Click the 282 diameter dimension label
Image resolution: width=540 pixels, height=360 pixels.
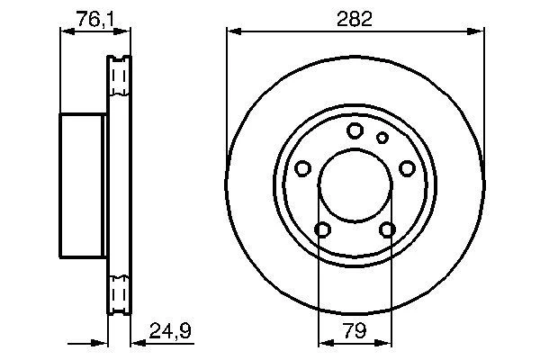click(x=355, y=19)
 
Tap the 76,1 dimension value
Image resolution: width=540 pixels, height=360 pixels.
click(x=95, y=19)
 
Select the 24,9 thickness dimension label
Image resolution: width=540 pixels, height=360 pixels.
click(x=170, y=330)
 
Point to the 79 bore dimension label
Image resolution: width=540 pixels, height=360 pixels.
click(x=355, y=330)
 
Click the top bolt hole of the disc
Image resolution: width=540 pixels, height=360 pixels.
click(x=355, y=130)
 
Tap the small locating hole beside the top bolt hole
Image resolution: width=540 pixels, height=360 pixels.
click(x=382, y=138)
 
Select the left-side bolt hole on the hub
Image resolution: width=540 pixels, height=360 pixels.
click(x=303, y=168)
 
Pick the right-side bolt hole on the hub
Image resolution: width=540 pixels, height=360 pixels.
click(x=407, y=168)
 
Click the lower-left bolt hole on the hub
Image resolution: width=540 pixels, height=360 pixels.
click(x=323, y=229)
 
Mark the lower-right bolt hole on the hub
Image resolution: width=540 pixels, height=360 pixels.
click(x=387, y=229)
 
